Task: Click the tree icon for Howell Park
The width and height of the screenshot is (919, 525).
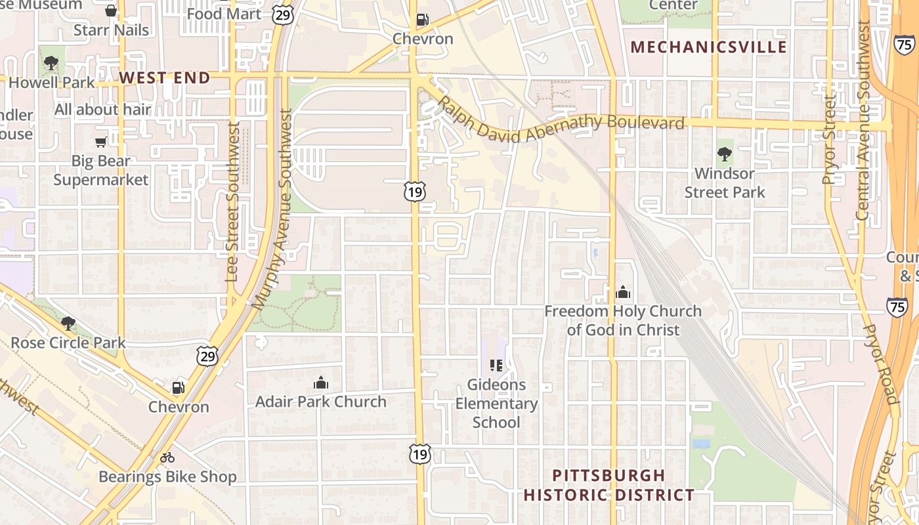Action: click(x=51, y=64)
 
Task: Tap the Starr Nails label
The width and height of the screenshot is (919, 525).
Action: click(x=111, y=30)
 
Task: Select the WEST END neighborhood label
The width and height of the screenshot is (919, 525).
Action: click(x=165, y=78)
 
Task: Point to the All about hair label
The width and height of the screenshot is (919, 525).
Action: click(x=102, y=110)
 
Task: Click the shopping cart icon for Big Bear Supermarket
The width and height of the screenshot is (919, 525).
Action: click(x=100, y=142)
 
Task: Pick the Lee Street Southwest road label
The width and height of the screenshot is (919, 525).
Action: click(x=233, y=202)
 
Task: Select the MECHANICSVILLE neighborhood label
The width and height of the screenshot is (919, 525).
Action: click(x=708, y=47)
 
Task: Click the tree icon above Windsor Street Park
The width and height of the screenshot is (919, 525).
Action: click(x=725, y=155)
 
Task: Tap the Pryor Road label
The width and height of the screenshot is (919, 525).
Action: click(x=880, y=364)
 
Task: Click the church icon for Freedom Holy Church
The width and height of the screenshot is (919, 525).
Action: click(x=623, y=292)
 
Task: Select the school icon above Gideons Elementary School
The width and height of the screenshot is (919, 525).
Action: click(x=496, y=366)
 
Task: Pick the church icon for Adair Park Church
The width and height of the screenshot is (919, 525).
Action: click(x=321, y=383)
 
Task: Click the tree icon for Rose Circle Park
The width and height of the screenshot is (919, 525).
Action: click(x=68, y=324)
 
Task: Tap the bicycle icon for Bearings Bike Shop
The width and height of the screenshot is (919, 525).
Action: click(x=167, y=457)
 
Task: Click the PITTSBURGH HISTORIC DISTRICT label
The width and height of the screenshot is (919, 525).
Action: click(x=609, y=485)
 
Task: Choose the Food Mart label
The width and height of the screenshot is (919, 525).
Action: click(x=224, y=14)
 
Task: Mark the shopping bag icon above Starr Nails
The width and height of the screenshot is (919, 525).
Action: click(x=111, y=10)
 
